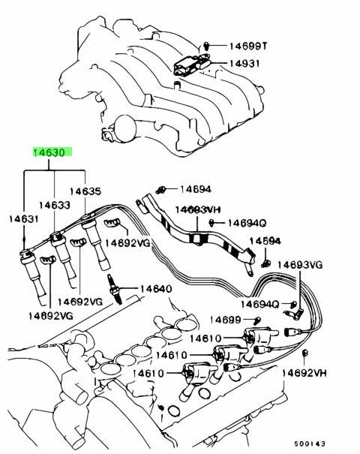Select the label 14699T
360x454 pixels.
point(248,46)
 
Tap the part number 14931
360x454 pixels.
point(244,63)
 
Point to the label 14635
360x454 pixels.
point(85,191)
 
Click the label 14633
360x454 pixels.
point(55,205)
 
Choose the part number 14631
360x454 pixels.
point(23,218)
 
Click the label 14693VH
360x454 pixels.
point(198,209)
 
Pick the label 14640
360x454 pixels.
point(156,289)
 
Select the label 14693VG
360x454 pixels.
point(300,265)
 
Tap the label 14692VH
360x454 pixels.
point(304,373)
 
